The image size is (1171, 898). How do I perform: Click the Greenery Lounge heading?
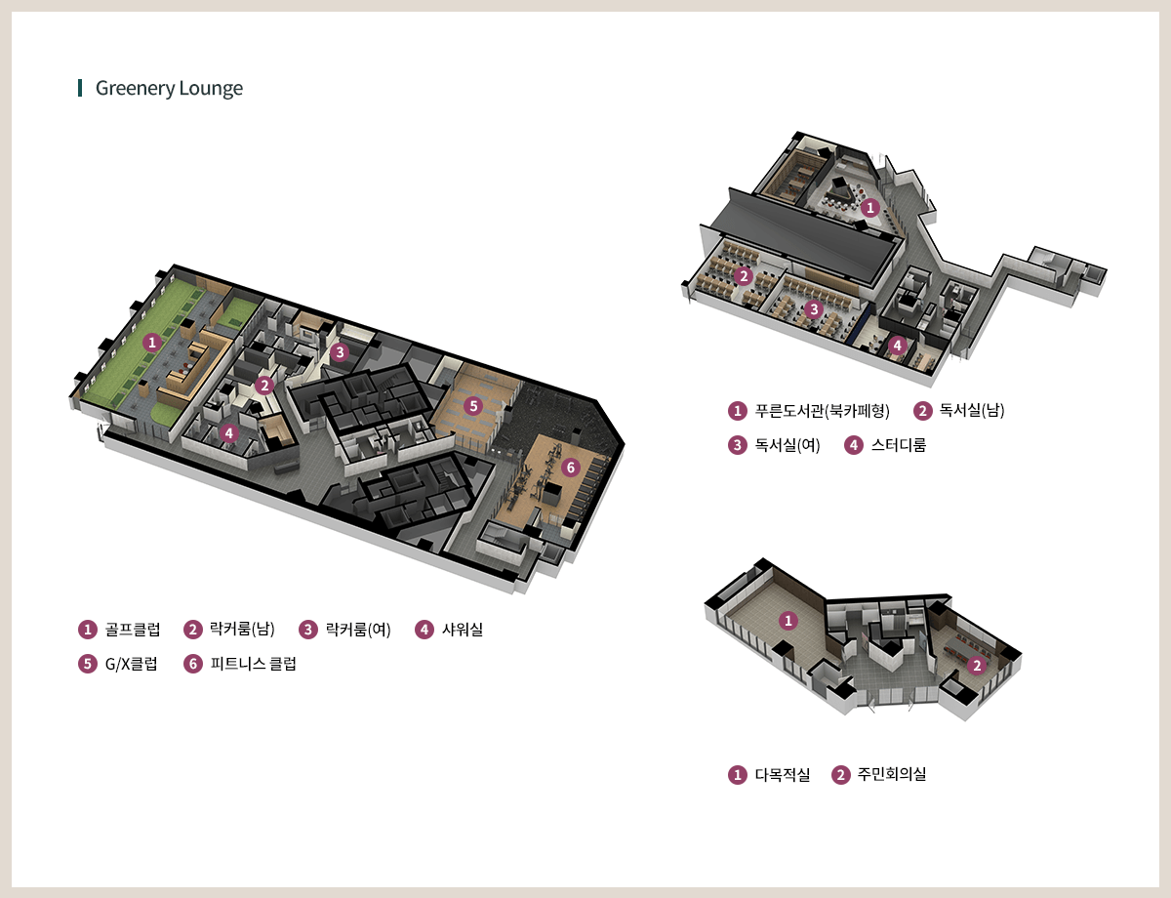click(x=169, y=88)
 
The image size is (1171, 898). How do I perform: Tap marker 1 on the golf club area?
click(x=152, y=343)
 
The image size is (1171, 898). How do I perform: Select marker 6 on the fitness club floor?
click(x=571, y=468)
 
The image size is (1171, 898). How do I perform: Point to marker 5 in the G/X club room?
click(x=473, y=406)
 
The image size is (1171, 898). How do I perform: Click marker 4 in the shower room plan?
click(x=229, y=432)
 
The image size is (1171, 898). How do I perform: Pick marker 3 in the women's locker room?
click(x=340, y=352)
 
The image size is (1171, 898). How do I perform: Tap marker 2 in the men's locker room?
click(x=264, y=386)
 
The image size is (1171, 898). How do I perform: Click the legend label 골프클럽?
click(x=133, y=630)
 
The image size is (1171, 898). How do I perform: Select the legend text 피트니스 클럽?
click(x=254, y=664)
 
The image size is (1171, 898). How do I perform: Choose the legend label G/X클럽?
click(x=131, y=664)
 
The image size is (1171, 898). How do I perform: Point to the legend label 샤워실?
click(x=463, y=630)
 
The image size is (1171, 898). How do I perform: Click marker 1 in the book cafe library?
click(x=869, y=208)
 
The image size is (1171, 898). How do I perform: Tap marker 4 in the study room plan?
click(x=897, y=345)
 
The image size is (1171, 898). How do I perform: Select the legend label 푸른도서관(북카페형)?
click(x=823, y=411)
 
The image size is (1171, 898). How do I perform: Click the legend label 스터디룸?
click(x=899, y=445)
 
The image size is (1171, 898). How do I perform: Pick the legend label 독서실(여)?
click(x=787, y=445)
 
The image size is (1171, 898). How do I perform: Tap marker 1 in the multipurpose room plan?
click(x=788, y=621)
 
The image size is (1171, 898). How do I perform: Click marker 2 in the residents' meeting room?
click(x=977, y=666)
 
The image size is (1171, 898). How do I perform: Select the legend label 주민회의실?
click(x=892, y=775)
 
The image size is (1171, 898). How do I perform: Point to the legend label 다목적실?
click(x=783, y=775)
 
